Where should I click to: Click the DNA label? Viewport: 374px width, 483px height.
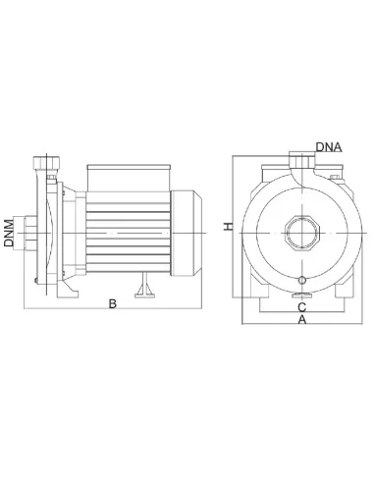tap(329, 147)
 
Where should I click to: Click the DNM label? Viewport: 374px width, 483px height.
tap(9, 233)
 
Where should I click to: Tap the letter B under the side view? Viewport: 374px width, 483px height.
tap(113, 303)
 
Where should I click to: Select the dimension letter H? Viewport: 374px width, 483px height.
tap(228, 227)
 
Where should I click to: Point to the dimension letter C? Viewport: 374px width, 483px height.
tap(301, 307)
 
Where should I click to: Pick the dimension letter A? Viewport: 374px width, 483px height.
tap(302, 319)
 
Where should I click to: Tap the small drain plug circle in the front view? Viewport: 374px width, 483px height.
tap(302, 280)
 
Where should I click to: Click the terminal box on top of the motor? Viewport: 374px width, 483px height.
tap(129, 178)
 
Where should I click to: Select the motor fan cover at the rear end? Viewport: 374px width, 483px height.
tap(187, 233)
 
